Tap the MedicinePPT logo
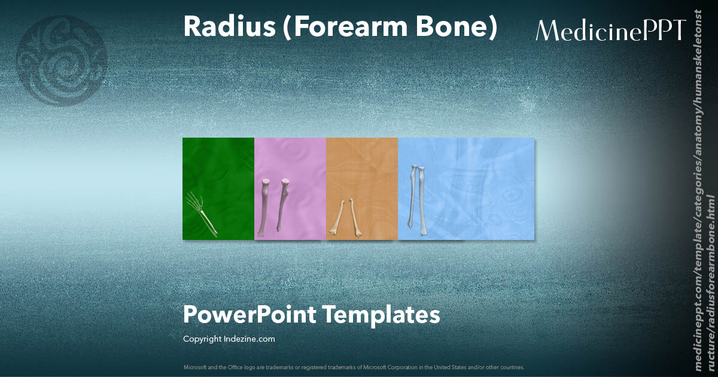pyautogui.click(x=610, y=30)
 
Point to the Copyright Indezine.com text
pyautogui.click(x=229, y=339)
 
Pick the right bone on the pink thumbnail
pyautogui.click(x=282, y=205)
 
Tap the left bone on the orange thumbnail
pyautogui.click(x=337, y=218)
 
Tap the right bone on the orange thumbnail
pyautogui.click(x=354, y=217)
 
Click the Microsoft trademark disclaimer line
pyautogui.click(x=354, y=367)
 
